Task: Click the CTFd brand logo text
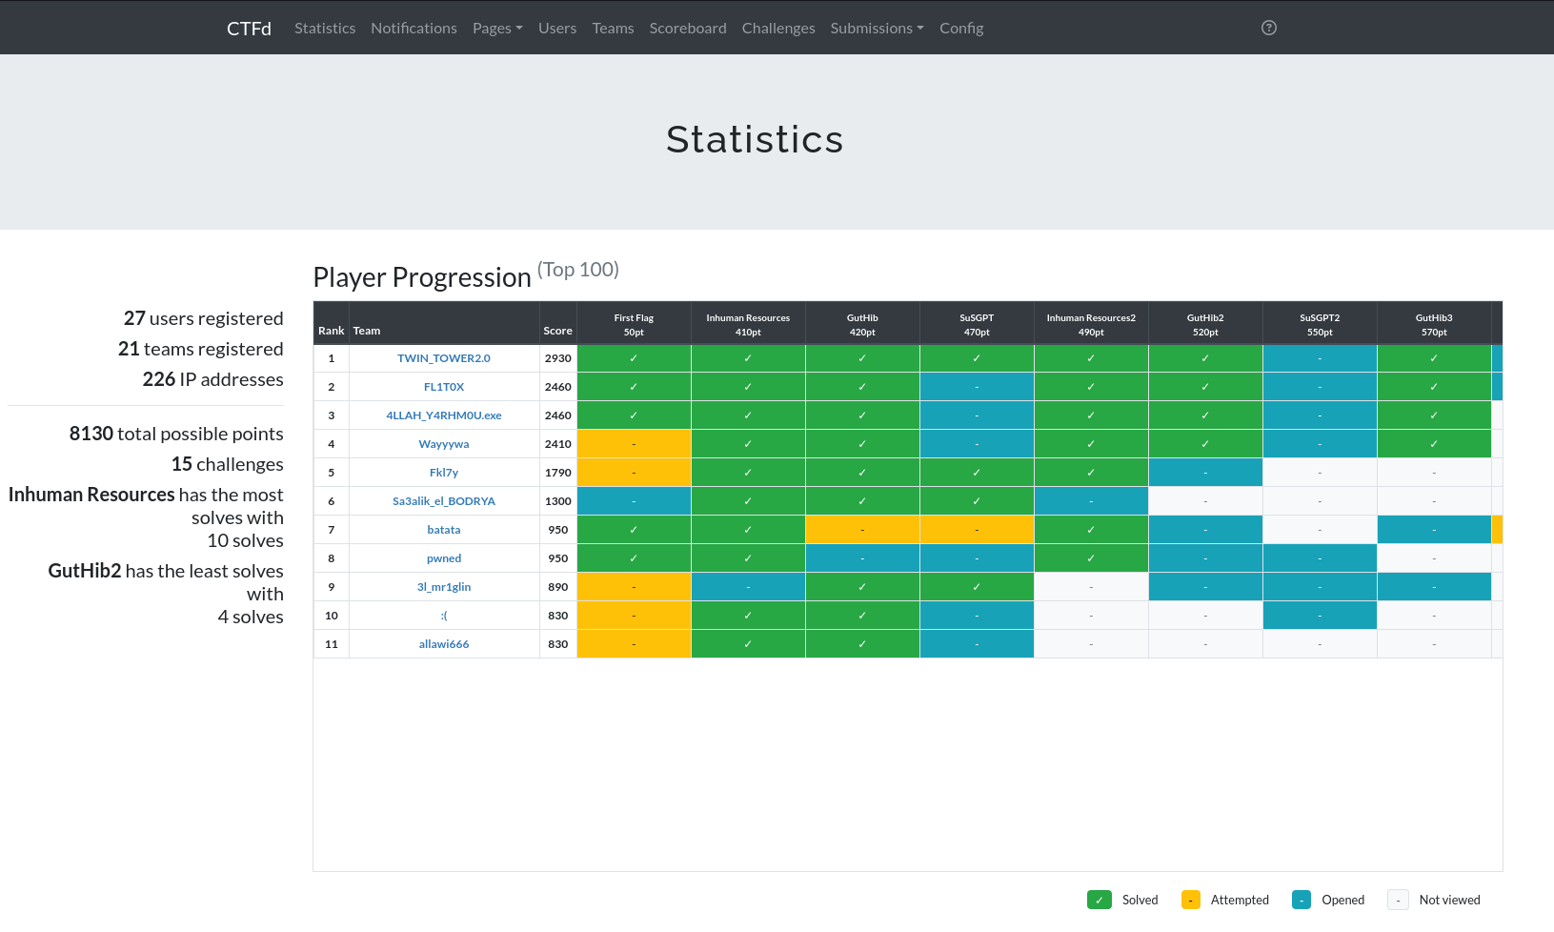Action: pos(249,28)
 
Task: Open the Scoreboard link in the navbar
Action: pos(688,28)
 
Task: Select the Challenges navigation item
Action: pos(778,28)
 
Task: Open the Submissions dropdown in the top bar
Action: pos(877,28)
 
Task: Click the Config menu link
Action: pos(960,28)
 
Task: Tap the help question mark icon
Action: pos(1268,28)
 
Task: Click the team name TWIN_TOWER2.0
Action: pos(443,358)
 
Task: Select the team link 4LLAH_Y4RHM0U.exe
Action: pos(443,415)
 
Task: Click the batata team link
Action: pos(443,530)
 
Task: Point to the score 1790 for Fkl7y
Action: pos(557,473)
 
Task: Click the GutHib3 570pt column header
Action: pos(1434,324)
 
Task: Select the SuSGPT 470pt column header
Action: pos(977,324)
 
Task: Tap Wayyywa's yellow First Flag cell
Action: pos(634,444)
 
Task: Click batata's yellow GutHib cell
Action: pos(862,530)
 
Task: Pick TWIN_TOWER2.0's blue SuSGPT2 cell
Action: pos(1320,358)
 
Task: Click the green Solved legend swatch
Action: pos(1099,901)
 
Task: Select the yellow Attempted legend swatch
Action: pos(1190,901)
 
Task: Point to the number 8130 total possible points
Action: pos(91,434)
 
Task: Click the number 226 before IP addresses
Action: pos(159,379)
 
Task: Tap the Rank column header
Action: pos(331,331)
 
